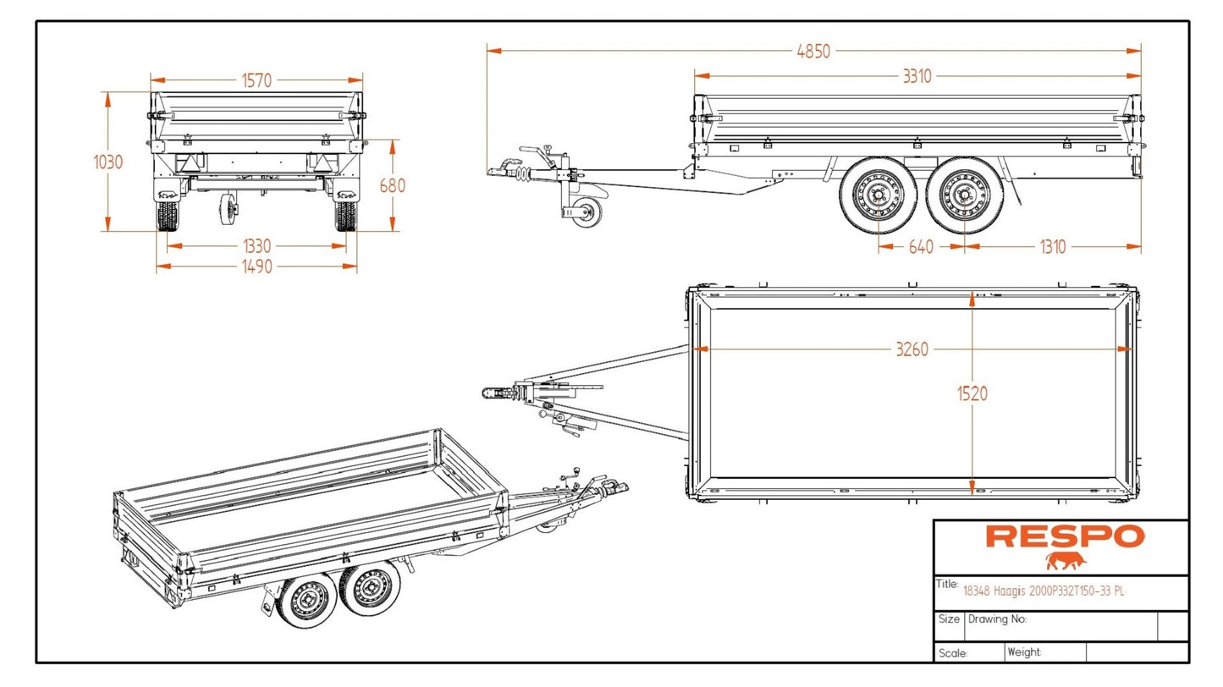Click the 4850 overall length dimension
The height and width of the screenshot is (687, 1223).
(813, 51)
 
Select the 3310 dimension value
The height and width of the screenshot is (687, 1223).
(916, 76)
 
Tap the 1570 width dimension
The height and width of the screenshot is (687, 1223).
(256, 80)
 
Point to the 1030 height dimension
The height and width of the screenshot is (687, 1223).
(108, 162)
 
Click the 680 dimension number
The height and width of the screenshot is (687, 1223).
(393, 185)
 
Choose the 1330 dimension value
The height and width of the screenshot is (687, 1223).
(256, 246)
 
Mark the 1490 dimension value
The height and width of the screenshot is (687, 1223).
(256, 267)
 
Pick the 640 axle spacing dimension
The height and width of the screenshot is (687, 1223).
(921, 247)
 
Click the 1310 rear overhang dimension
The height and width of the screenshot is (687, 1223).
(1052, 247)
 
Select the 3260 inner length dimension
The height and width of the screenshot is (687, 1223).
(912, 349)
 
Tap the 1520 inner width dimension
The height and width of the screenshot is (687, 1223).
(972, 393)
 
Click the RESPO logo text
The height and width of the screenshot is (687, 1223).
(1065, 536)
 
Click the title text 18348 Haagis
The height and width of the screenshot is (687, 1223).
(1044, 591)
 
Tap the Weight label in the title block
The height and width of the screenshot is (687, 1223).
(1024, 652)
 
